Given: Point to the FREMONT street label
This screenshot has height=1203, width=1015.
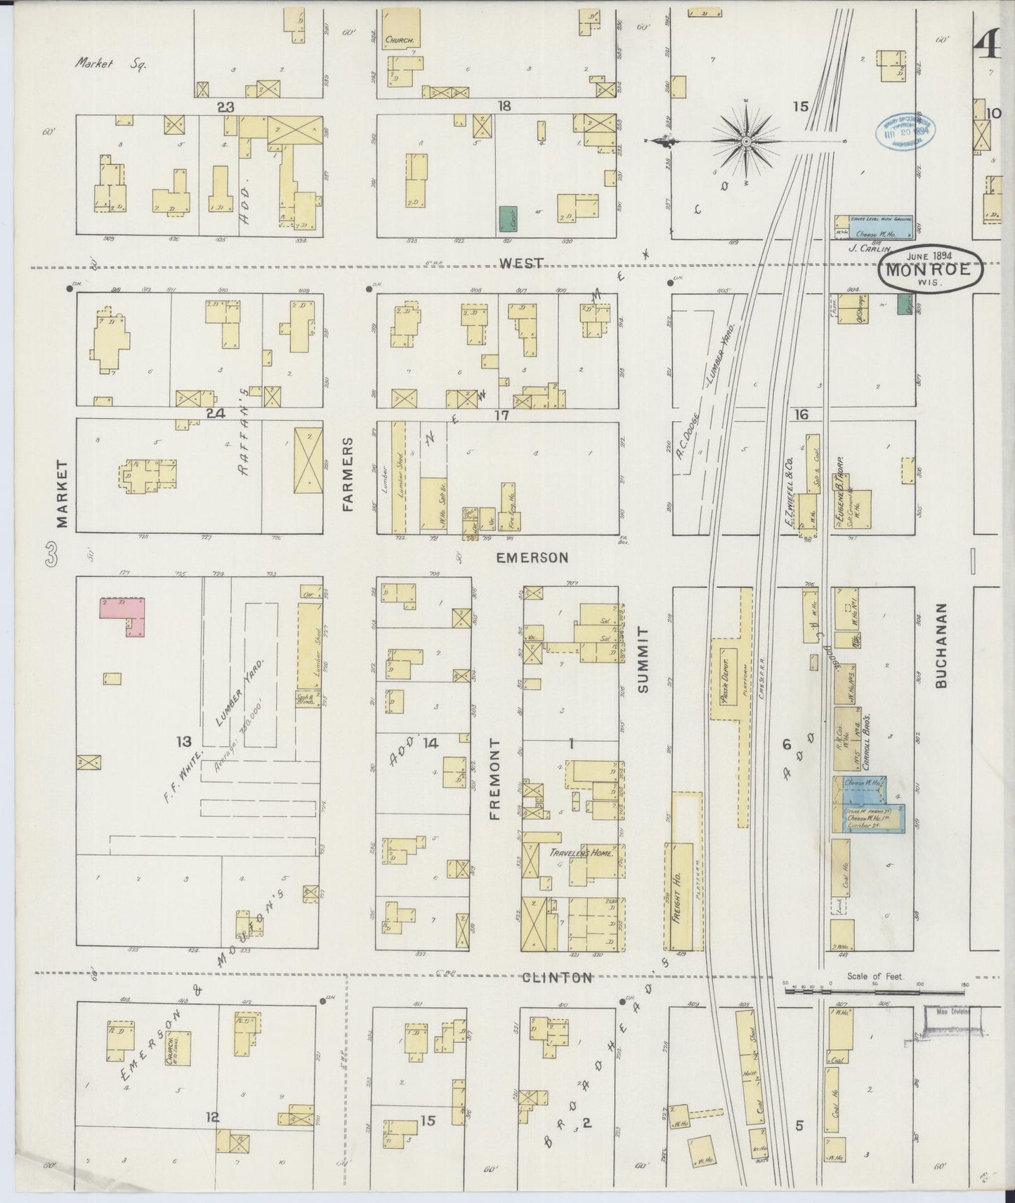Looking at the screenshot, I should [495, 779].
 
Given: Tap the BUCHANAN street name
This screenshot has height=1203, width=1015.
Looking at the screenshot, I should [943, 646].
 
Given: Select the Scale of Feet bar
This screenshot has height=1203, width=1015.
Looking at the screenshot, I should [875, 992].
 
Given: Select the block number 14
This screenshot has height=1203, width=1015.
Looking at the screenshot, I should [430, 743].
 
